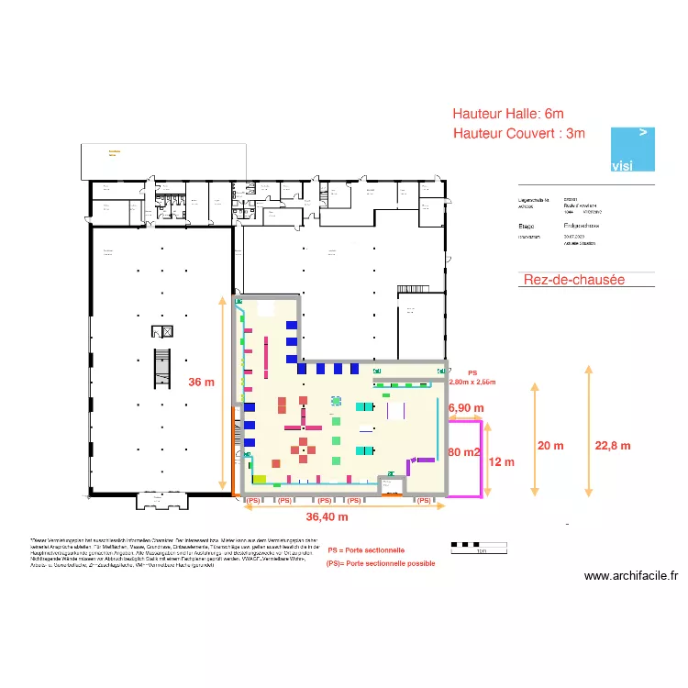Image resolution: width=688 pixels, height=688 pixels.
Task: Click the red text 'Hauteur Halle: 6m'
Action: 508,114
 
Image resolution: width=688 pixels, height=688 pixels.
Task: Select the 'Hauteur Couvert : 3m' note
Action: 518,134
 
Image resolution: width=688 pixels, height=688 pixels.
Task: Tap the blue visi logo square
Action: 634,149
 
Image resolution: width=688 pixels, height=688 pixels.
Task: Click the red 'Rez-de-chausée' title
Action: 573,280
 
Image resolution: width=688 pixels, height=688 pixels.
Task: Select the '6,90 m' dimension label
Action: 465,407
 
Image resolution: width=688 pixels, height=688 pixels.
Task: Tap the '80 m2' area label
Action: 464,452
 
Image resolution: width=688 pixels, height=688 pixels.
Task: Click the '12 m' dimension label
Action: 502,462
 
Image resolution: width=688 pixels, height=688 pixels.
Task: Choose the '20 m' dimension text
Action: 550,446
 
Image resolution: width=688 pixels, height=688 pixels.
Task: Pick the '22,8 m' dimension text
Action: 613,446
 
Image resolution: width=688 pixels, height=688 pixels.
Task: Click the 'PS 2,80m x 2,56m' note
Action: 472,378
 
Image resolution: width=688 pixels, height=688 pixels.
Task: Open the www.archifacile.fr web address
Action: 631,577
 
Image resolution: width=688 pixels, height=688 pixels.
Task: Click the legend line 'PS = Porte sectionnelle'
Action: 366,550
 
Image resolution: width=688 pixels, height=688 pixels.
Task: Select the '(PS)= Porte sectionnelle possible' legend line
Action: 380,563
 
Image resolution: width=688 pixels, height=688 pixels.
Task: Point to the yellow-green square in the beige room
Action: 260,479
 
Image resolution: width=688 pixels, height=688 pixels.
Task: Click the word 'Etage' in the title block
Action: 527,225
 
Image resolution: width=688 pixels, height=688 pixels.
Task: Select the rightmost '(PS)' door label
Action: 423,501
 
